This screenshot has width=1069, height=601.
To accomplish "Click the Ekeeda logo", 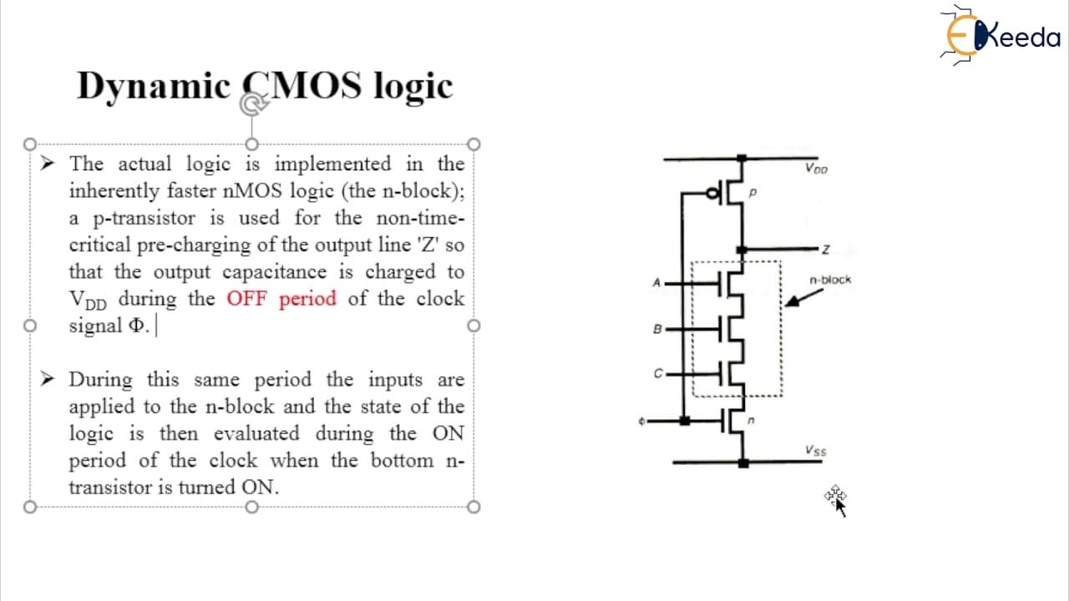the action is (1000, 35).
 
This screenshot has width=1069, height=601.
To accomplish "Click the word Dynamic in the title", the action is (154, 87).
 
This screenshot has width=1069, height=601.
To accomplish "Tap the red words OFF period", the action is (281, 299).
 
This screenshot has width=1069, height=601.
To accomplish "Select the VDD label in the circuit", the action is (816, 169).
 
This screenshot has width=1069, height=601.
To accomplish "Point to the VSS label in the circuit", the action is (816, 450).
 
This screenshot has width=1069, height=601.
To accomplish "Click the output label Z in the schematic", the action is (826, 250).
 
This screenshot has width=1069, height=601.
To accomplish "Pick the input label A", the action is (656, 283).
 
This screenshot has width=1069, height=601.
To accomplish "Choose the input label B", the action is (657, 329).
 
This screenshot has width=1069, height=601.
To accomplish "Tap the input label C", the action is (658, 373).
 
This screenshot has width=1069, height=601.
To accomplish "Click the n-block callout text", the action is (830, 280).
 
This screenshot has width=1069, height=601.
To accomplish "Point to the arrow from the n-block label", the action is (804, 298).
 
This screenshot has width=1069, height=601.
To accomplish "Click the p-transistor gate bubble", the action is (712, 193).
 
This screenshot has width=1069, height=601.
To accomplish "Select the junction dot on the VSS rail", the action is (743, 462).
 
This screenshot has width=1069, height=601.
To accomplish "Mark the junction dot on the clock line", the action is (684, 421).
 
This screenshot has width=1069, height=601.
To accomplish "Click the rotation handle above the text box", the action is (252, 104).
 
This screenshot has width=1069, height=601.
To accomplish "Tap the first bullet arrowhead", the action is (48, 163).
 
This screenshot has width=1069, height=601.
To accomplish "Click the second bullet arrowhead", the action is (48, 379).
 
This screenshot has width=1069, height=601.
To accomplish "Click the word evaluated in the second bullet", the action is (256, 433).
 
